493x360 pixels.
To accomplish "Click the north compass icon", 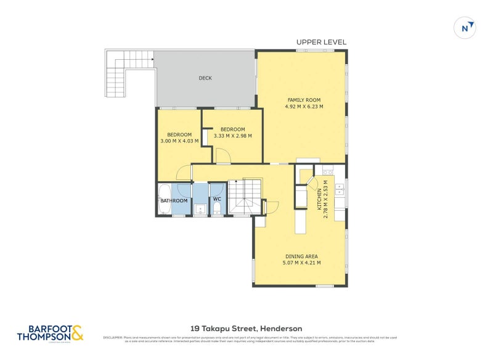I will [465, 28].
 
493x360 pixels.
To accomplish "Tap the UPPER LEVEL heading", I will [321, 42].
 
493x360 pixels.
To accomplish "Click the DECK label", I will [205, 78].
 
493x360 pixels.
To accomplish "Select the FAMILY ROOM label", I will [304, 100].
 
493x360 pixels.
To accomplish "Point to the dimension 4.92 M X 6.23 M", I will [304, 107].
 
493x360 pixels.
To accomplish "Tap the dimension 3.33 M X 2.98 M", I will [232, 136].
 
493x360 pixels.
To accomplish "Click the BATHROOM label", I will [174, 200].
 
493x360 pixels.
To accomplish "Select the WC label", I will [217, 200].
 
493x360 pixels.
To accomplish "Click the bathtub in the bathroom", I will [164, 198].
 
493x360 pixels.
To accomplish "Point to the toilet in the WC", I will [217, 208].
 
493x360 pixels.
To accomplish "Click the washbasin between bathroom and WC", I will [200, 210].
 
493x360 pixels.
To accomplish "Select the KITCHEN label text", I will [319, 200].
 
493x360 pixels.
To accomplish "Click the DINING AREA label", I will [302, 256].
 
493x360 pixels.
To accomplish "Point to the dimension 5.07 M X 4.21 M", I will [302, 263].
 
